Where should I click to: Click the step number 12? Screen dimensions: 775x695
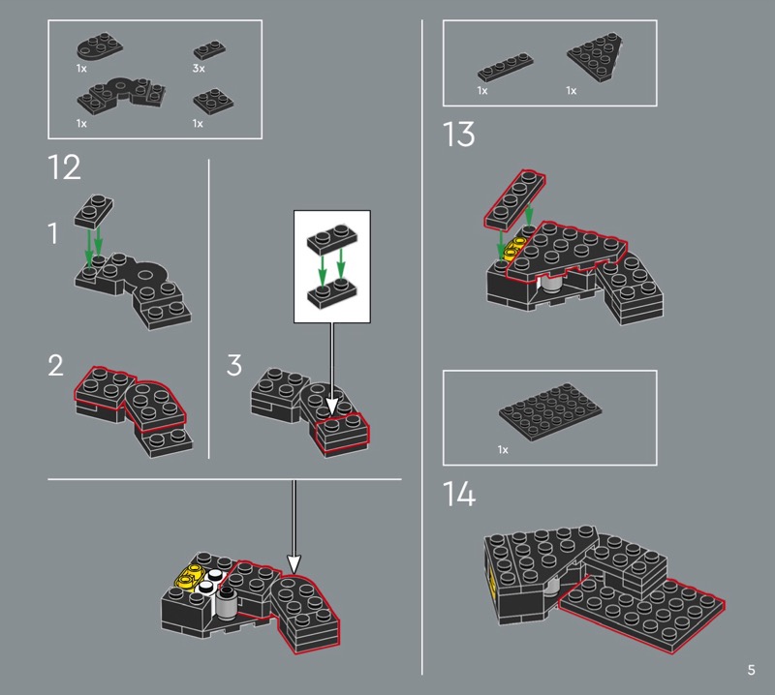tap(64, 167)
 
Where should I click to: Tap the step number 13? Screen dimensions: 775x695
tap(458, 135)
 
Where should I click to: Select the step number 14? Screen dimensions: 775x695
tap(459, 494)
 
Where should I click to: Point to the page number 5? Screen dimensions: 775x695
tap(752, 670)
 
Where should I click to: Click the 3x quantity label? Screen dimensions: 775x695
tap(199, 68)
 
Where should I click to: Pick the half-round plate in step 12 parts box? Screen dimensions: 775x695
tap(100, 46)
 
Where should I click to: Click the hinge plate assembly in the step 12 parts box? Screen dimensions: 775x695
tap(121, 95)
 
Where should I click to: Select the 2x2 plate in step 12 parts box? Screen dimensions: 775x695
tap(213, 102)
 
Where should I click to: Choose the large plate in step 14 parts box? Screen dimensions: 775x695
tap(550, 412)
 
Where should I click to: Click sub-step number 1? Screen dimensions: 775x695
tap(53, 233)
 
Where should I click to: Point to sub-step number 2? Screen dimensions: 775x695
tap(55, 366)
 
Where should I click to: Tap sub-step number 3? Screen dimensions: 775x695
tap(234, 366)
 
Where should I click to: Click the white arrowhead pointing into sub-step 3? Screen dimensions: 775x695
tap(331, 407)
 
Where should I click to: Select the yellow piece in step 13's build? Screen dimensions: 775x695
tap(513, 249)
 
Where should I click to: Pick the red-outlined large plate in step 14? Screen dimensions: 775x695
tap(641, 613)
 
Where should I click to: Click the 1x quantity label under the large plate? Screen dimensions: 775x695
tap(503, 449)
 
